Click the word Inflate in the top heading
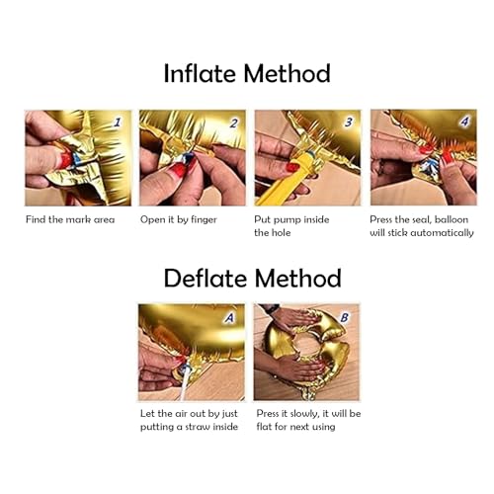point(200,73)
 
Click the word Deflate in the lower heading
point(206,278)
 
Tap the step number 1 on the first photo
point(118,123)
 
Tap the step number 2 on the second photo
point(233,123)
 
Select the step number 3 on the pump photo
point(349,123)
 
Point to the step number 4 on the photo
point(464,122)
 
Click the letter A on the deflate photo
point(229,317)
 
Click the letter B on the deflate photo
point(344,317)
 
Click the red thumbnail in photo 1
point(64,160)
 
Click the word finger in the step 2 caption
point(204,220)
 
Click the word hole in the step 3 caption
point(281,233)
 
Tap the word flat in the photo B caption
point(264,427)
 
